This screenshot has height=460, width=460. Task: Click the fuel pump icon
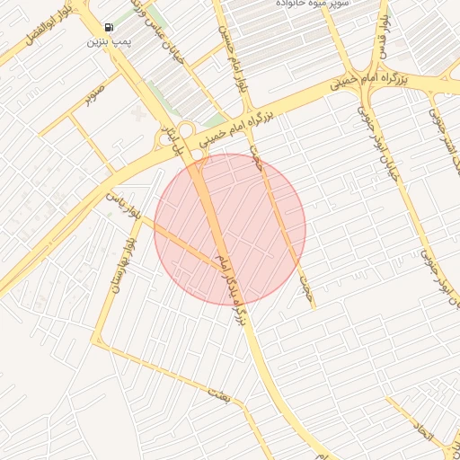click(x=109, y=27)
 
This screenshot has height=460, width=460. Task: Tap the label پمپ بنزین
click(x=106, y=41)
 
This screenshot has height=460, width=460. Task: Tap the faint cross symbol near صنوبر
click(x=137, y=114)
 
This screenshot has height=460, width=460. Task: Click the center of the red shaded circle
click(x=230, y=229)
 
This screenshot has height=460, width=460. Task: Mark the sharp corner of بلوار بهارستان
click(x=98, y=345)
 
